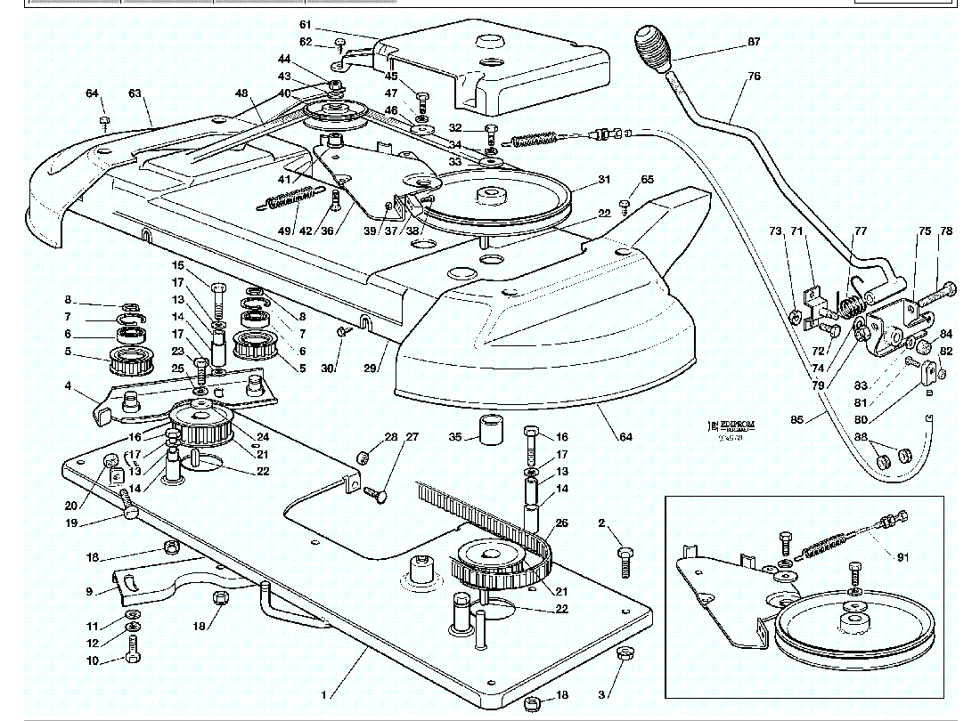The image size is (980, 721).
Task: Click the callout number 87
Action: (x=754, y=42)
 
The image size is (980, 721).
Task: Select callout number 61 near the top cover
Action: (x=306, y=24)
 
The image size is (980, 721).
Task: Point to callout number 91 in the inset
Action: (x=902, y=558)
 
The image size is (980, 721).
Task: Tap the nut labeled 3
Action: (x=625, y=656)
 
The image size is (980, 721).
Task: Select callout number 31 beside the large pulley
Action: (x=605, y=179)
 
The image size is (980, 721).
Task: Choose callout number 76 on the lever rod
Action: (x=754, y=77)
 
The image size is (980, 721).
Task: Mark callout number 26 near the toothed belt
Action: (x=562, y=523)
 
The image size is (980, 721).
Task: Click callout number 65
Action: (x=647, y=180)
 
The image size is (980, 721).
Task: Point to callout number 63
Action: (x=135, y=93)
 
